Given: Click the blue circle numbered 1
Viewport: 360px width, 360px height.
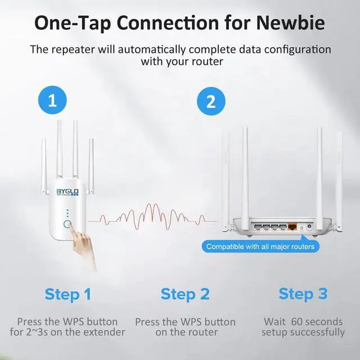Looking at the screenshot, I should [x=52, y=101].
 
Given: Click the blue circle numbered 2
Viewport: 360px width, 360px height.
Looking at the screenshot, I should [x=211, y=101].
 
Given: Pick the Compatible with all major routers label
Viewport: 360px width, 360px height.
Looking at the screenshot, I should [x=260, y=246].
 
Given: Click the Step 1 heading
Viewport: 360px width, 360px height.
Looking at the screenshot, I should [x=67, y=294].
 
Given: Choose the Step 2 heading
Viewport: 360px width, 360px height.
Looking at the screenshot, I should [x=185, y=294].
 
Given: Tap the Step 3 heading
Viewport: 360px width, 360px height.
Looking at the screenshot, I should [x=303, y=294].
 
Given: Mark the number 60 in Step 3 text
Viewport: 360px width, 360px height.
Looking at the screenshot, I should [x=297, y=322].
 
